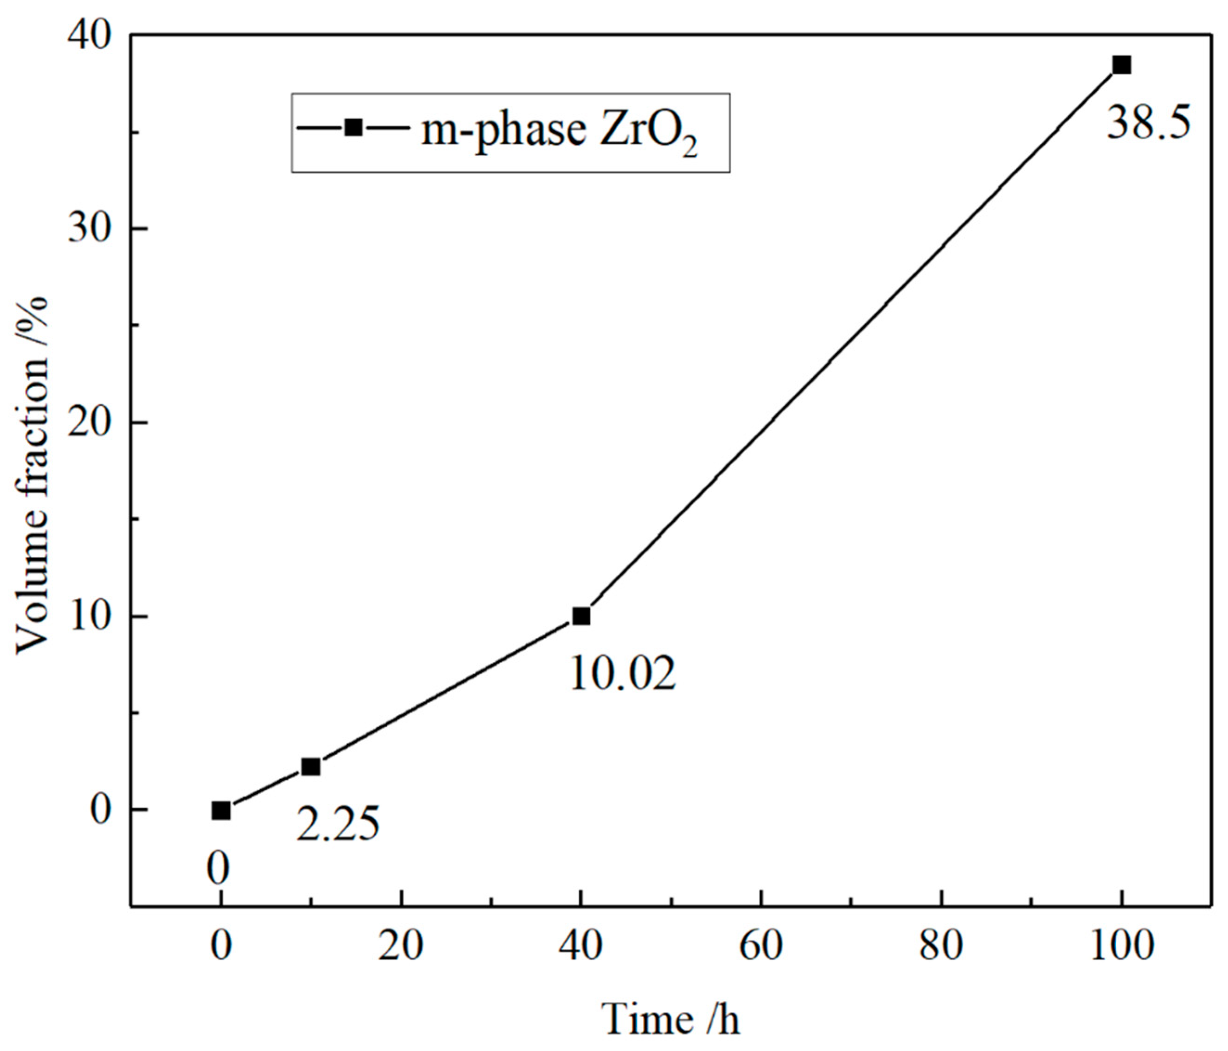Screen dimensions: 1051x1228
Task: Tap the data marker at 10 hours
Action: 311,767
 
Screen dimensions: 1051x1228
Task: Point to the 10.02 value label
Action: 622,674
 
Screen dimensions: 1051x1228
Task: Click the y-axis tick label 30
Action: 89,230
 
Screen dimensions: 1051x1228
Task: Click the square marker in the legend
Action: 354,127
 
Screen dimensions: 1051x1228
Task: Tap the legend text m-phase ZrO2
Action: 558,132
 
